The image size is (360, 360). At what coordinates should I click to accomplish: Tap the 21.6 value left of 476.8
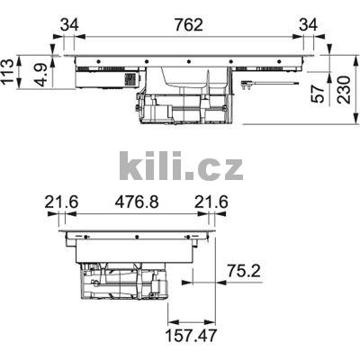61,203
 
